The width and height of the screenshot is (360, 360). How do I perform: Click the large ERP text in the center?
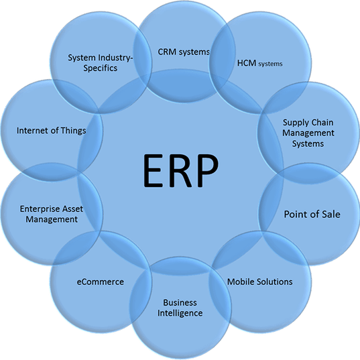click(181, 171)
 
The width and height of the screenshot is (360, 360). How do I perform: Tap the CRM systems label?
click(184, 52)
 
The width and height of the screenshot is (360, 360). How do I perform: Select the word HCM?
click(247, 63)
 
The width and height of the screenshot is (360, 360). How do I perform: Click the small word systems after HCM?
click(270, 64)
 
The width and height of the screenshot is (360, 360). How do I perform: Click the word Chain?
click(322, 122)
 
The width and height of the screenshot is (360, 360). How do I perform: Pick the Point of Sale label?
click(312, 215)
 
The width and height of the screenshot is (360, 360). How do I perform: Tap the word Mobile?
click(241, 282)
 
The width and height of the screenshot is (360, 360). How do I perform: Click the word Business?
click(180, 302)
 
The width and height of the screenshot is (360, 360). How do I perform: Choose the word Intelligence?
click(180, 313)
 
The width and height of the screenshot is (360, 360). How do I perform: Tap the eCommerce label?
click(101, 282)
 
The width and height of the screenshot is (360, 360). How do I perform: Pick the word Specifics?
click(101, 68)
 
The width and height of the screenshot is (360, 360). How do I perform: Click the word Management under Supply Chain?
click(308, 133)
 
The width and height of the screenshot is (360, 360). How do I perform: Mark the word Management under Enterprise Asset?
click(52, 219)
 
